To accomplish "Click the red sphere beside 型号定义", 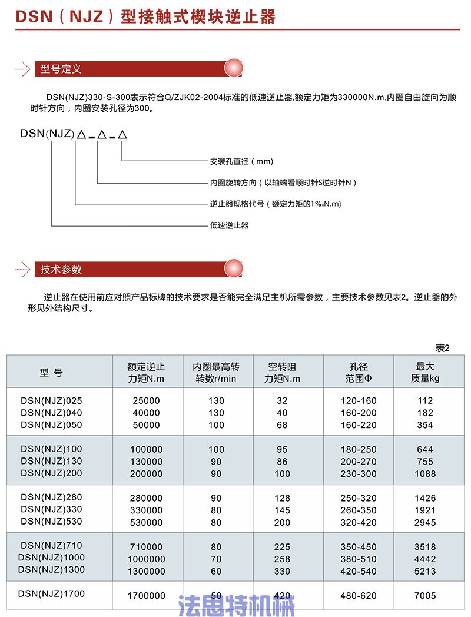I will click(x=234, y=68).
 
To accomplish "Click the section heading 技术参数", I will click(x=61, y=270).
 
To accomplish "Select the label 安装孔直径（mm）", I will click(x=242, y=161).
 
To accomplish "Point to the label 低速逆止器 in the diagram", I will click(x=230, y=225).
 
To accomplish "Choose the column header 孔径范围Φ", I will click(x=359, y=372).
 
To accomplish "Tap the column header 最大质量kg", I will click(x=424, y=372).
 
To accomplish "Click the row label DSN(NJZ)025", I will click(x=52, y=400).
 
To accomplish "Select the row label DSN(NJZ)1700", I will click(x=52, y=594).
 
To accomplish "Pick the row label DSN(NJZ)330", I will click(x=52, y=509).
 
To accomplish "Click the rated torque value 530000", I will click(x=146, y=522).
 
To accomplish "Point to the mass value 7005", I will click(x=424, y=596).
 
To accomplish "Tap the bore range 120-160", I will click(x=359, y=400).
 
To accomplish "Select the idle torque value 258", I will click(x=282, y=558).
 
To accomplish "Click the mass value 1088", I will click(x=424, y=473).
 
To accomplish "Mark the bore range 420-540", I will click(x=359, y=570).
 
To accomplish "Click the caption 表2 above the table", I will click(x=442, y=348).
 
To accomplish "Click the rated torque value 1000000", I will click(x=146, y=558).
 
